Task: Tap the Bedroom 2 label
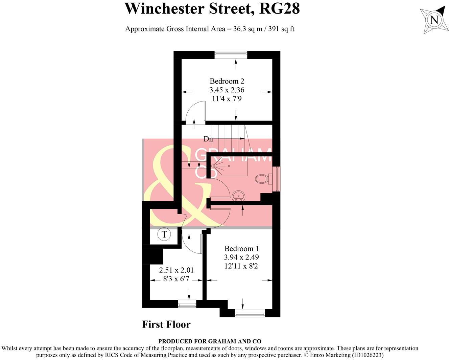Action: [x=227, y=81]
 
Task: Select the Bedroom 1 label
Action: [x=241, y=249]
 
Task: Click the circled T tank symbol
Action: [x=164, y=234]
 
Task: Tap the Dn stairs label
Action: [x=208, y=139]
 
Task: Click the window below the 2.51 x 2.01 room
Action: [x=187, y=305]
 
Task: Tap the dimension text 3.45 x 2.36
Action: [x=227, y=90]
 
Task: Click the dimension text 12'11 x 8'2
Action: [x=241, y=266]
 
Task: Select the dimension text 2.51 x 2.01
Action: [x=176, y=270]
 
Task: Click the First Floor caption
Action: [x=166, y=324]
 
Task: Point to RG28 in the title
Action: [x=279, y=8]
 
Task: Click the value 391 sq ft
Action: [x=281, y=29]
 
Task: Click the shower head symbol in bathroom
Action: [x=214, y=166]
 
